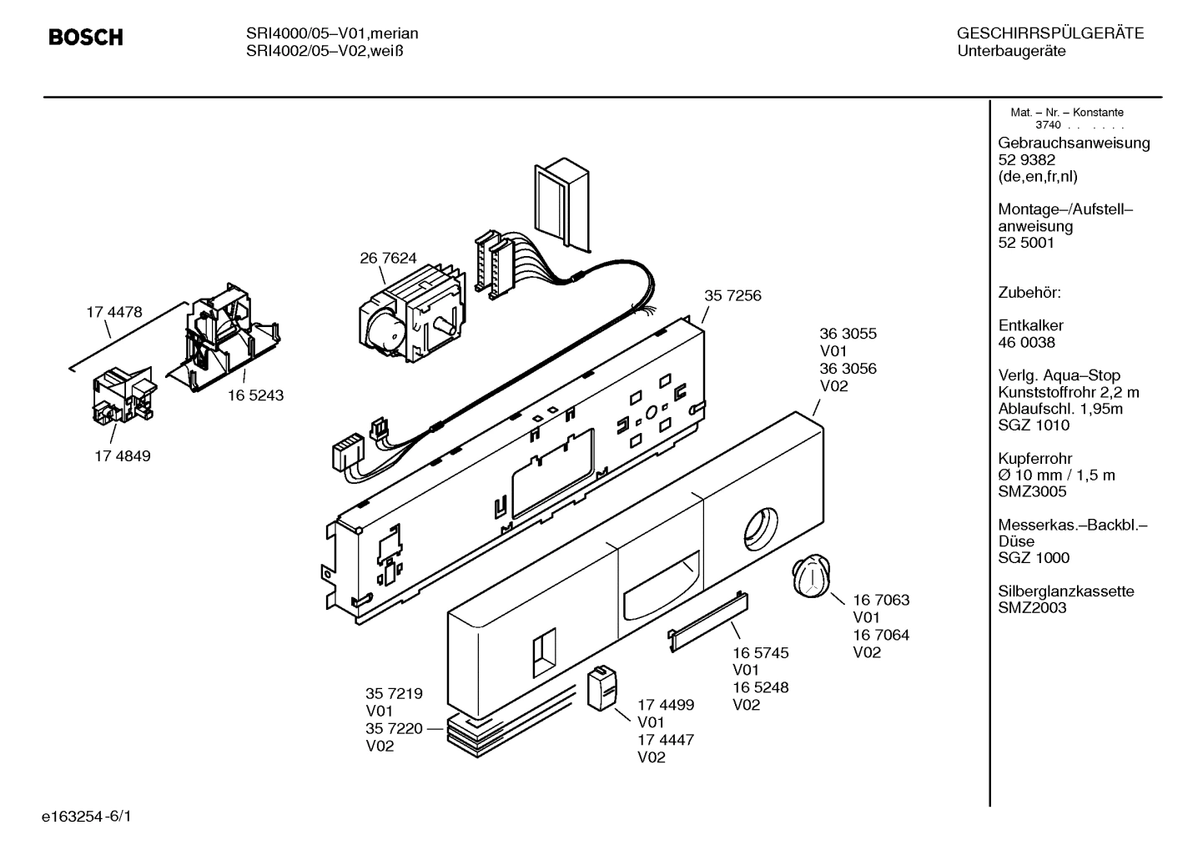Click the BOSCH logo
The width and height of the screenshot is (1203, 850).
[85, 38]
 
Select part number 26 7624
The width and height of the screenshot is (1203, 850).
[388, 259]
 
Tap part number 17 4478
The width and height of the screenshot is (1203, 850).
[114, 312]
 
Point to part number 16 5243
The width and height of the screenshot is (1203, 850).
[255, 395]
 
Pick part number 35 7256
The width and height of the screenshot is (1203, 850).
[732, 295]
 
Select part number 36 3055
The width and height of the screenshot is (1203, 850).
[848, 334]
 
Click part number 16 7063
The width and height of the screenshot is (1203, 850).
[881, 600]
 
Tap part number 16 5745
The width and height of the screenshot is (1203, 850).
[761, 652]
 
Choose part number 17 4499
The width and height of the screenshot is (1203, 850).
[666, 705]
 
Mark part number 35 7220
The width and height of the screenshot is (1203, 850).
[395, 728]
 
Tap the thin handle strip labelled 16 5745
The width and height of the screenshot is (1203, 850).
[707, 617]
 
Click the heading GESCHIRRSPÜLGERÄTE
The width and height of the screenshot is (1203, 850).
[1049, 33]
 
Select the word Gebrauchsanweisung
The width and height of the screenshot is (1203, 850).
[1074, 143]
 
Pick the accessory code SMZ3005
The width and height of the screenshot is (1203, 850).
[1032, 491]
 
